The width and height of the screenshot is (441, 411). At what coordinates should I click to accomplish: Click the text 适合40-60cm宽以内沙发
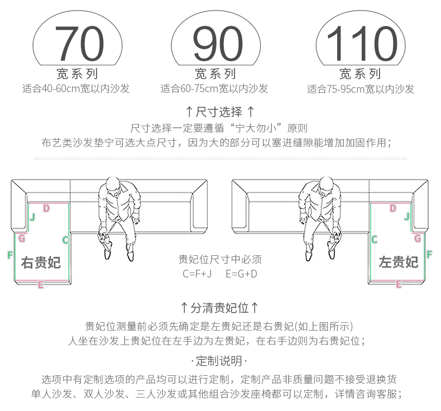pyautogui.click(x=76, y=89)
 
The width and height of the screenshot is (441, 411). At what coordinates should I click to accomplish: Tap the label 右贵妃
pyautogui.click(x=41, y=262)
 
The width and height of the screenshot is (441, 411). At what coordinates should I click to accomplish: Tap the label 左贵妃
pyautogui.click(x=399, y=261)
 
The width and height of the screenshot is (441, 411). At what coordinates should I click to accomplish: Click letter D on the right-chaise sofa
pyautogui.click(x=46, y=208)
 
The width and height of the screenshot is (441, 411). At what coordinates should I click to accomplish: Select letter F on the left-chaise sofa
pyautogui.click(x=429, y=255)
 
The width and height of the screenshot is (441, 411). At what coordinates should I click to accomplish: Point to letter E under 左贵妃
pyautogui.click(x=399, y=284)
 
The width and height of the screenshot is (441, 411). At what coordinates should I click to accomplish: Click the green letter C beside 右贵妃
pyautogui.click(x=65, y=240)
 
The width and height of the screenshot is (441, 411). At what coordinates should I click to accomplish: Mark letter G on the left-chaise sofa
pyautogui.click(x=417, y=238)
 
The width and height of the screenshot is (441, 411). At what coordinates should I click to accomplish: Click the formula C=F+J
pyautogui.click(x=197, y=274)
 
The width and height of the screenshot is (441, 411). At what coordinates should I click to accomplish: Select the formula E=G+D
pyautogui.click(x=241, y=274)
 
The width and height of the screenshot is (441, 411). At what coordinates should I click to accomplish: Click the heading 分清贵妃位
pyautogui.click(x=220, y=308)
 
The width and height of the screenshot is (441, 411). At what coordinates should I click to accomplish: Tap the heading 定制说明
pyautogui.click(x=220, y=360)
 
